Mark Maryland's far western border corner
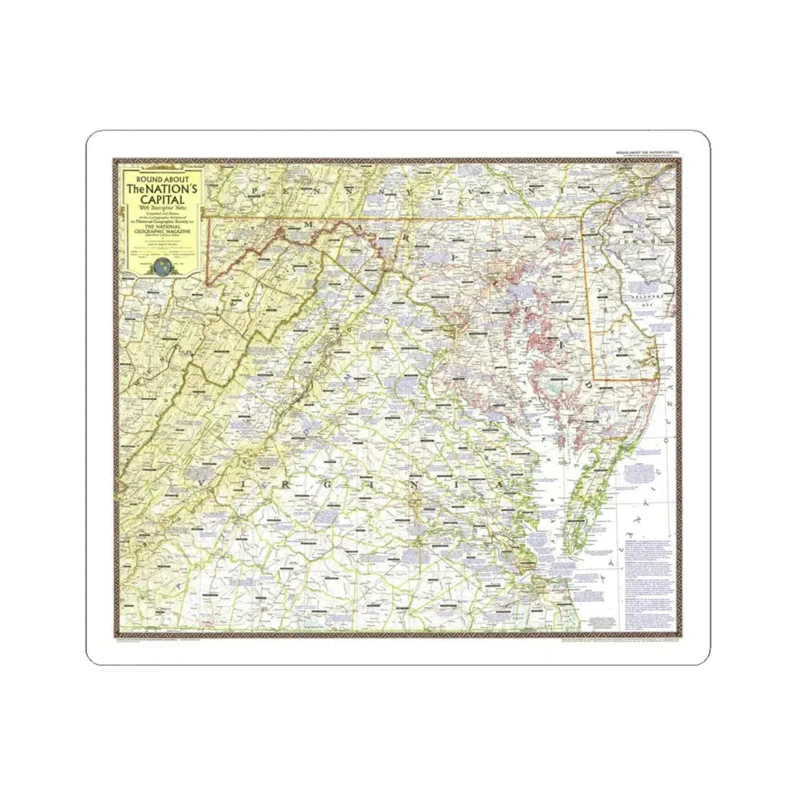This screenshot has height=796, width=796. coord(206,284)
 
